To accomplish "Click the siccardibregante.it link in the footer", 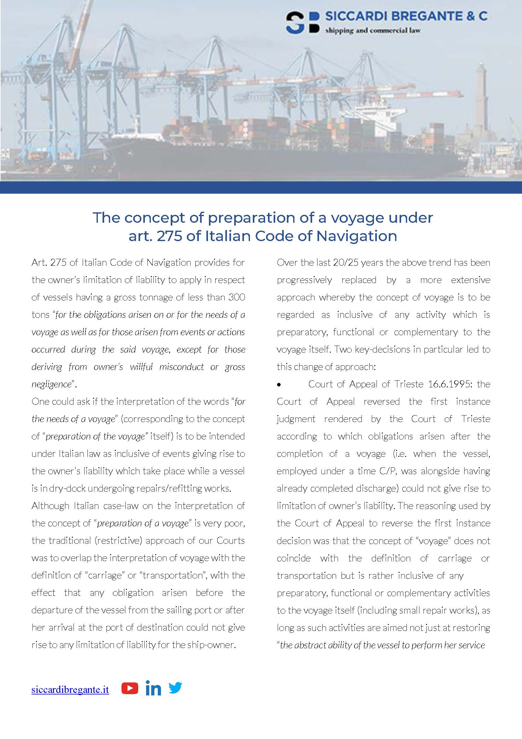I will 70,690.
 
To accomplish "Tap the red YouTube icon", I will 129,688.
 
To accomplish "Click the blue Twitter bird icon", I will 175,688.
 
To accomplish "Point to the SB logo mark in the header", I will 302,23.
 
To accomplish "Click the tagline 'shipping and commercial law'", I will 373,31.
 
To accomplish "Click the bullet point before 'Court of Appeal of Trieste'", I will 279,385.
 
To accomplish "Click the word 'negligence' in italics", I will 51,384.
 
